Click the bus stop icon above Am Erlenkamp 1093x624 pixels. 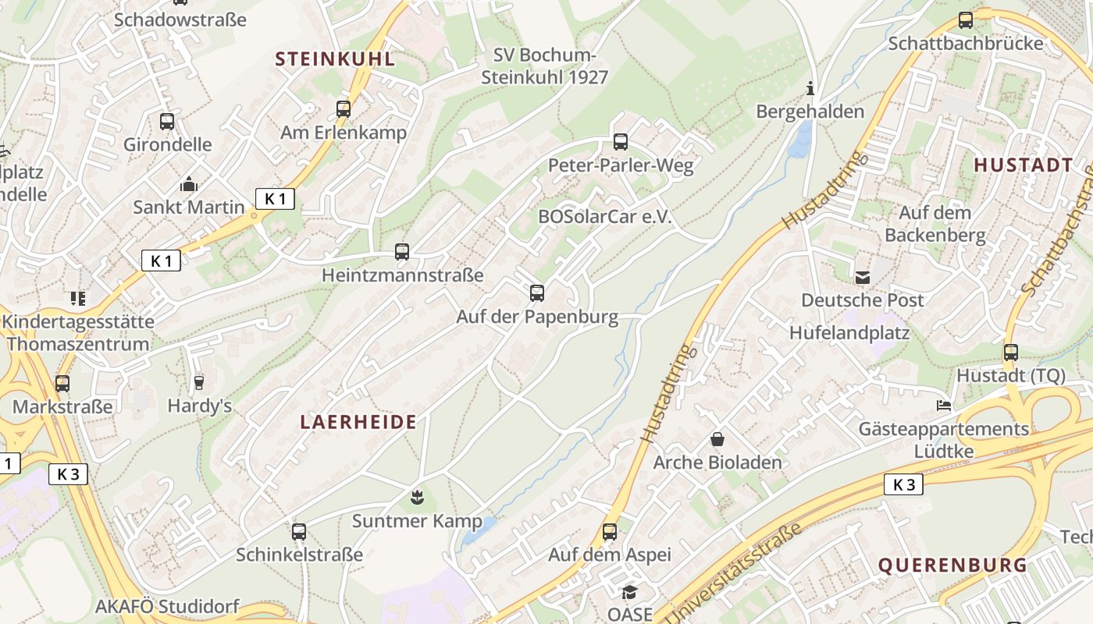pyautogui.click(x=344, y=109)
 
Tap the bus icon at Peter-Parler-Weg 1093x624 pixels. pyautogui.click(x=621, y=142)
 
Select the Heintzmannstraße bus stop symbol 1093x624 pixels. pyautogui.click(x=402, y=252)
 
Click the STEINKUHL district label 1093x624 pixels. pyautogui.click(x=335, y=59)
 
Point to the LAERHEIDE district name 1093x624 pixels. pyautogui.click(x=359, y=422)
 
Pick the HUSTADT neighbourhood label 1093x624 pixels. pyautogui.click(x=1024, y=165)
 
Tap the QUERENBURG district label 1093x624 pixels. pyautogui.click(x=952, y=565)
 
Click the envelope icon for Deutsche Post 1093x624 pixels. pyautogui.click(x=863, y=277)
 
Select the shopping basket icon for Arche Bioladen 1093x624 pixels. pyautogui.click(x=717, y=440)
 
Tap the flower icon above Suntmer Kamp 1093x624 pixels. pyautogui.click(x=417, y=497)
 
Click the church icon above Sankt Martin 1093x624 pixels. pyautogui.click(x=189, y=185)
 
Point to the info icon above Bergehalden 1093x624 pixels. pyautogui.click(x=810, y=88)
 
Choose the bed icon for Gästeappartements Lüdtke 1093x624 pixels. pyautogui.click(x=944, y=406)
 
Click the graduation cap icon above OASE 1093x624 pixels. pyautogui.click(x=629, y=592)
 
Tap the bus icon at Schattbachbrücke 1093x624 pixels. pyautogui.click(x=966, y=20)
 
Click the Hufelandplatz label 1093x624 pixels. pyautogui.click(x=849, y=333)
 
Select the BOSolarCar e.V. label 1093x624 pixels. pyautogui.click(x=605, y=217)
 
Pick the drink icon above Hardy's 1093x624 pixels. pyautogui.click(x=199, y=382)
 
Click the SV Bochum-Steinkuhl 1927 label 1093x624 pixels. pyautogui.click(x=545, y=66)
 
